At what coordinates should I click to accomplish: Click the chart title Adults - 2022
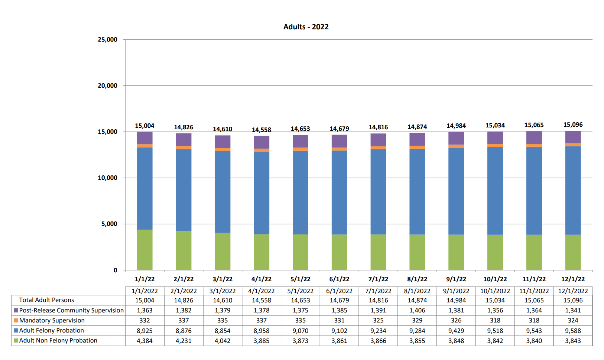click(x=306, y=27)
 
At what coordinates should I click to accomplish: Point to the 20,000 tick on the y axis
click(x=107, y=85)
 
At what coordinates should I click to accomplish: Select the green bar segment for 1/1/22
click(x=144, y=250)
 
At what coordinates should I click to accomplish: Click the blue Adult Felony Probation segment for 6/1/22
click(x=339, y=192)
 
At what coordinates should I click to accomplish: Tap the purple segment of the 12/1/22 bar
click(x=573, y=137)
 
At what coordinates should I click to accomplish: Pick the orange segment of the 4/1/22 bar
click(x=262, y=150)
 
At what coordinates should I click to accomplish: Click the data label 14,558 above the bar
click(x=262, y=130)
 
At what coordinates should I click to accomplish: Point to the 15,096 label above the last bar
click(x=573, y=125)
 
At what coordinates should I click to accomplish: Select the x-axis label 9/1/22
click(x=456, y=279)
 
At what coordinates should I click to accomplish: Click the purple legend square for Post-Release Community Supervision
click(x=16, y=310)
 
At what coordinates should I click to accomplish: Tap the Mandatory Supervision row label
click(x=52, y=320)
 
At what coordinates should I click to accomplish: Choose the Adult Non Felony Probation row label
click(x=58, y=340)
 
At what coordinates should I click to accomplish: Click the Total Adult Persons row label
click(x=46, y=300)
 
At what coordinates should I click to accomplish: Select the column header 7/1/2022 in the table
click(x=378, y=291)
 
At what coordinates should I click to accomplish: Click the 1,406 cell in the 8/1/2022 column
click(x=417, y=310)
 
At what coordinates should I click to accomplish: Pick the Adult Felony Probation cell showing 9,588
click(x=573, y=331)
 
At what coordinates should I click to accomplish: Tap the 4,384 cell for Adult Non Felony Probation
click(x=144, y=341)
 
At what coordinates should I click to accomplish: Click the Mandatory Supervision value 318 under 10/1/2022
click(x=495, y=320)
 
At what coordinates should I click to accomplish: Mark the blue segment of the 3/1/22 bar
click(x=223, y=192)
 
